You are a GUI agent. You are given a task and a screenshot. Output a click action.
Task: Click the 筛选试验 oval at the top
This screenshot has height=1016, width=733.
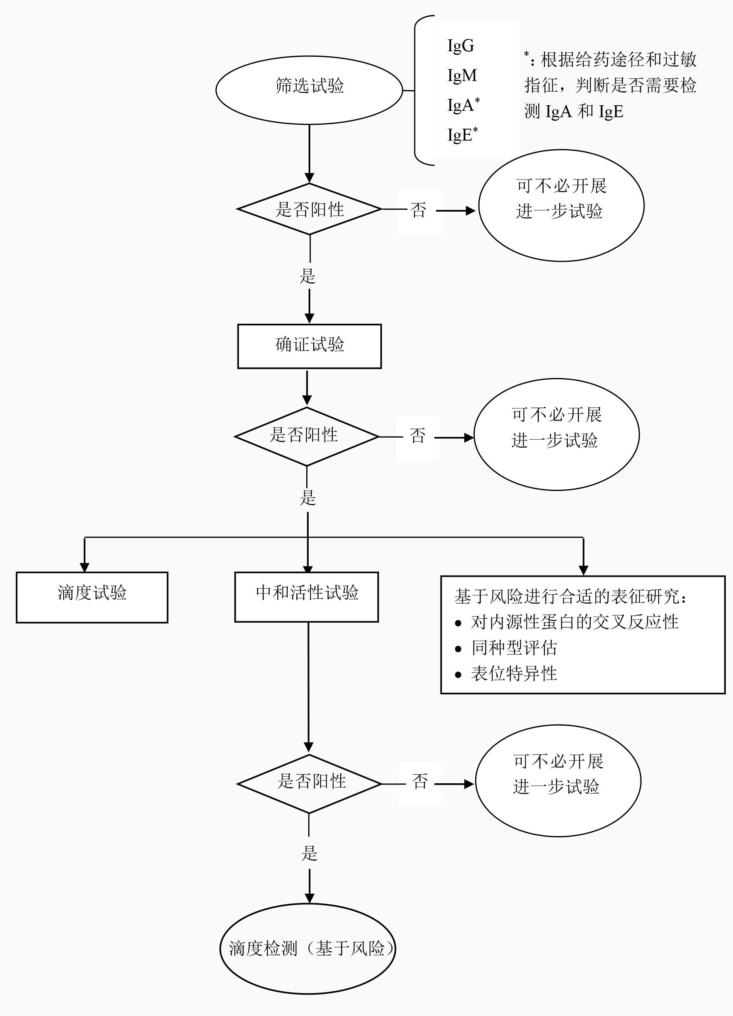pyautogui.click(x=309, y=90)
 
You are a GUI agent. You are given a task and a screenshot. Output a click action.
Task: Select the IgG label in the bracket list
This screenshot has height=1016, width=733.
pyautogui.click(x=460, y=46)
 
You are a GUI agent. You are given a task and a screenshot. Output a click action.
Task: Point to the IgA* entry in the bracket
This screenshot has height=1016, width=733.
pyautogui.click(x=463, y=105)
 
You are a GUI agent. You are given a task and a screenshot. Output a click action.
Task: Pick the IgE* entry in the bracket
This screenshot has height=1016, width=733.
pyautogui.click(x=462, y=134)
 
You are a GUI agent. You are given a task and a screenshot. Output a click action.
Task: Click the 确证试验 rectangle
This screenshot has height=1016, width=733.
pyautogui.click(x=309, y=346)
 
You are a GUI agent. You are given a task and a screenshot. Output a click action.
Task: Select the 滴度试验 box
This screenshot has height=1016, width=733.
pyautogui.click(x=92, y=597)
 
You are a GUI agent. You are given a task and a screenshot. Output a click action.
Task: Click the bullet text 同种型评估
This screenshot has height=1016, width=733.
pyautogui.click(x=514, y=648)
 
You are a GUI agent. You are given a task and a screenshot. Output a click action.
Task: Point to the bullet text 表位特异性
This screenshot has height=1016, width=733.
pyautogui.click(x=514, y=673)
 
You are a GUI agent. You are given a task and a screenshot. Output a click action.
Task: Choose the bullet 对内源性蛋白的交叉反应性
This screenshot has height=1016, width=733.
pyautogui.click(x=574, y=622)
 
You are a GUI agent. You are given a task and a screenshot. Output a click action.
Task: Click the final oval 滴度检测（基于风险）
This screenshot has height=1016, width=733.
pyautogui.click(x=308, y=948)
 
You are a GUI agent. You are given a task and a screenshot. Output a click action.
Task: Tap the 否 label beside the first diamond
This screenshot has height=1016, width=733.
pyautogui.click(x=418, y=210)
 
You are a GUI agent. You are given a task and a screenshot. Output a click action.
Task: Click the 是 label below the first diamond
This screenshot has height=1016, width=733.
pyautogui.click(x=308, y=276)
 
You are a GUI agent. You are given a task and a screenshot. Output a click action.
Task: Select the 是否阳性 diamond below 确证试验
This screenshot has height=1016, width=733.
pyautogui.click(x=306, y=436)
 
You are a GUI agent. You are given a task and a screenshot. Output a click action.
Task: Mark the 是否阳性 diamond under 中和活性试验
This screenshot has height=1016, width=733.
pyautogui.click(x=309, y=784)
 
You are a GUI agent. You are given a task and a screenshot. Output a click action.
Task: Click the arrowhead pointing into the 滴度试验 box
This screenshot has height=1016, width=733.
pyautogui.click(x=85, y=567)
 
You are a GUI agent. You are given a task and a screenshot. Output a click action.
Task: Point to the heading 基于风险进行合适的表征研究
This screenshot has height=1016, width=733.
pyautogui.click(x=570, y=596)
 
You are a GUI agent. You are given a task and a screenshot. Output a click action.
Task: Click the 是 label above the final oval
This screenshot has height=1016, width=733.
pyautogui.click(x=309, y=854)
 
